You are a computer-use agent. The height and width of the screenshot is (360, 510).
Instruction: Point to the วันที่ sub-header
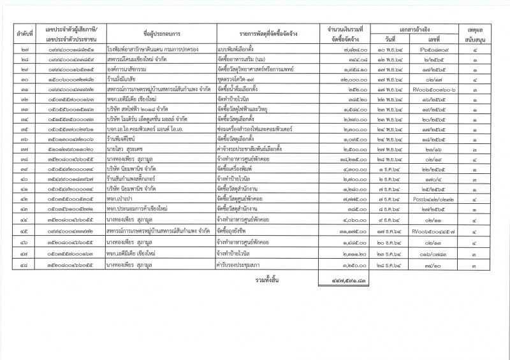(390, 39)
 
